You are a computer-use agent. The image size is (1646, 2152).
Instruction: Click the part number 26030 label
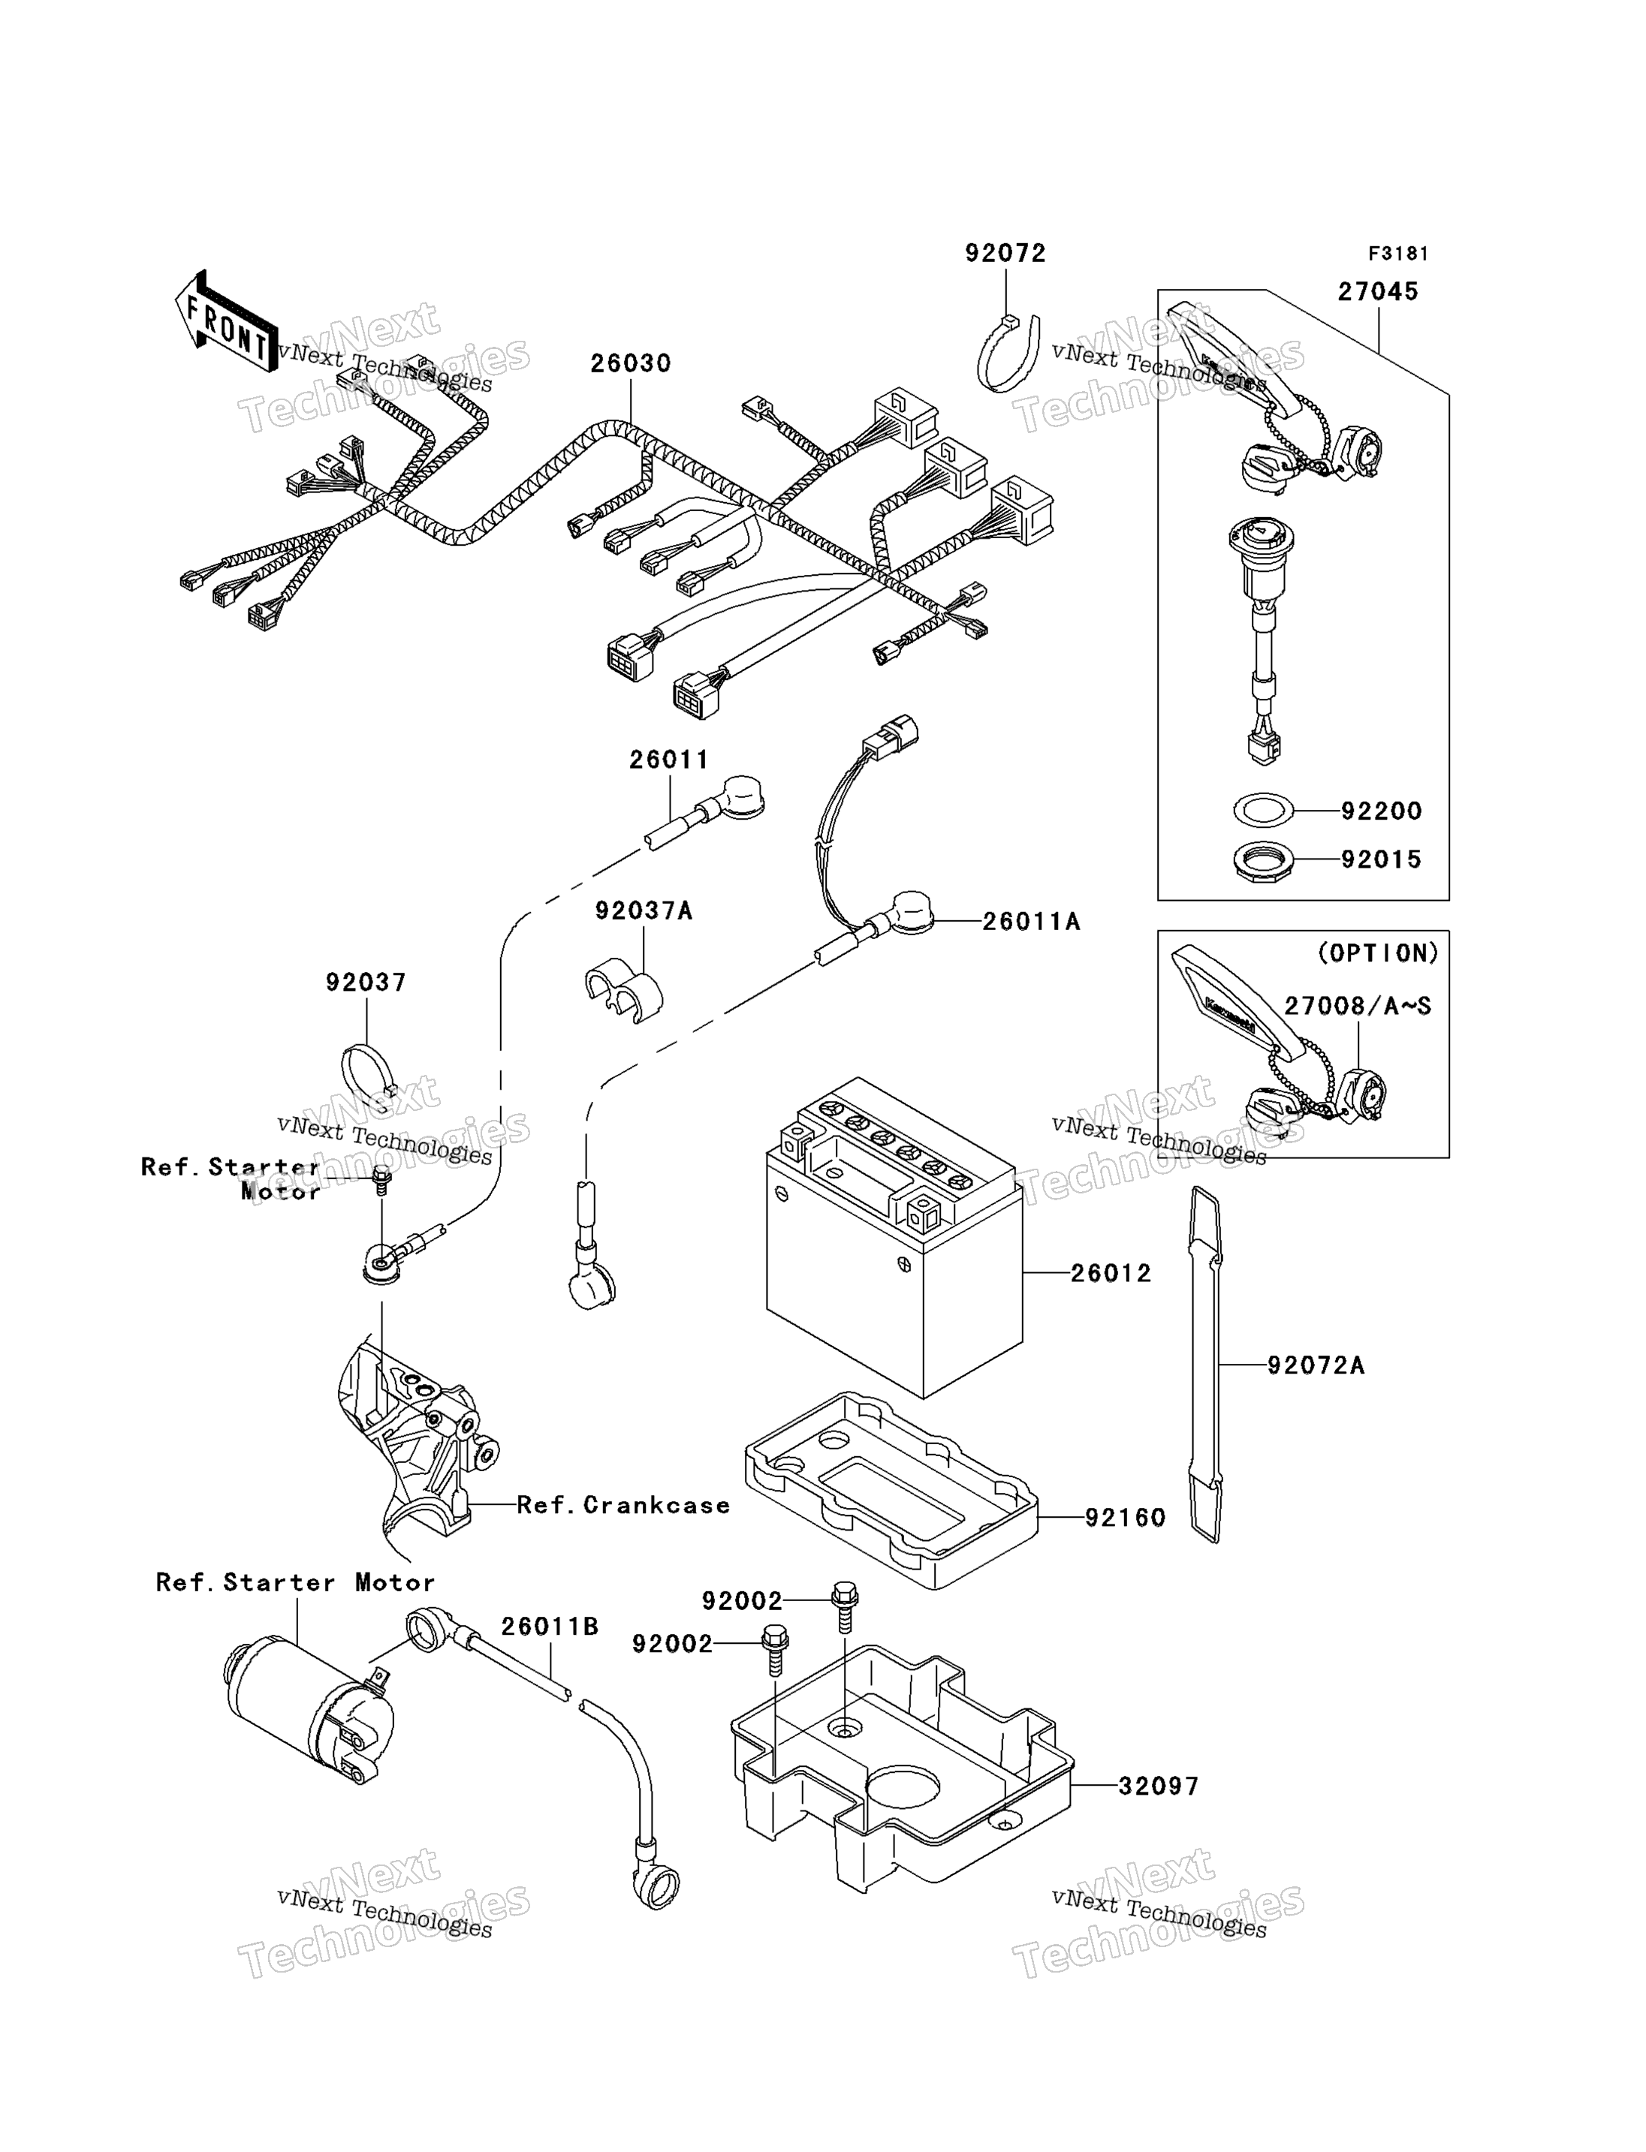(630, 363)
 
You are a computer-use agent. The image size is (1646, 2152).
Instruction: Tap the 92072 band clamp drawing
(1009, 353)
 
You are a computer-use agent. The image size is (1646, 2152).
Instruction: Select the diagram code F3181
(1397, 254)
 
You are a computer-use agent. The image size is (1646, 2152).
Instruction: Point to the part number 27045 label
(1377, 291)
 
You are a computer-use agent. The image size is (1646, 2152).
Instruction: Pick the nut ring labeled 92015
(1263, 861)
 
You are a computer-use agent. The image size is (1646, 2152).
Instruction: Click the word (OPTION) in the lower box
(1377, 952)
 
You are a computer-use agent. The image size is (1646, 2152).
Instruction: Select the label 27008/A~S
(1358, 1006)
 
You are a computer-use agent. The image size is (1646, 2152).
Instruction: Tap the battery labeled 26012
(891, 1244)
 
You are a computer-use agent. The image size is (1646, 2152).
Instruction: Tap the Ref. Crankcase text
(623, 1506)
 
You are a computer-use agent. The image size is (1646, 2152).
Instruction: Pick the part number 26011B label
(549, 1627)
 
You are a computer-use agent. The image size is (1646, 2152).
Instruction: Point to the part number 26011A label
(1031, 922)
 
